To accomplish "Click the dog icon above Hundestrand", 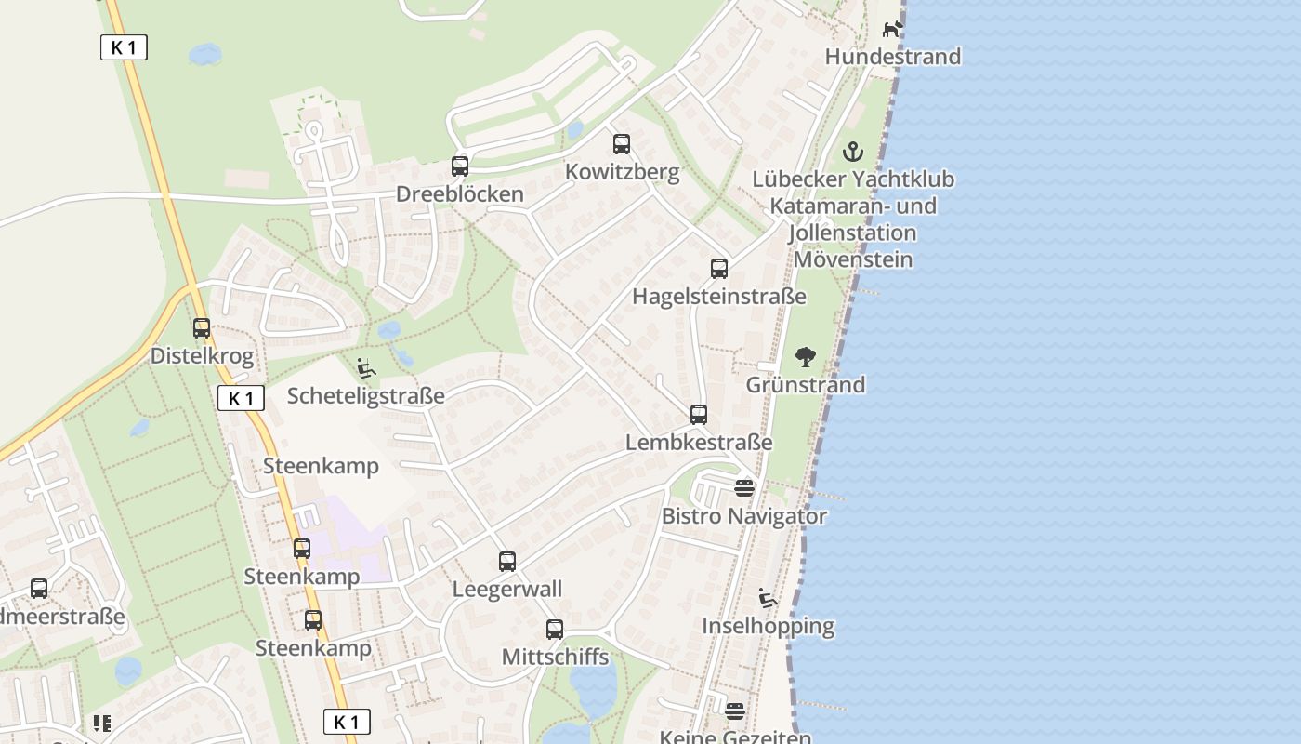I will point(892,29).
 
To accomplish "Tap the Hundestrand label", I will point(892,57).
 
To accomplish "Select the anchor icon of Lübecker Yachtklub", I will point(853,151).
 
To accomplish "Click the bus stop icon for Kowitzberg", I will point(622,144).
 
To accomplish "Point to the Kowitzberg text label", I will point(622,172).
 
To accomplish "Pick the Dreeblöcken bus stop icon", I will point(460,166).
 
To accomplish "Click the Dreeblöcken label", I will point(460,194).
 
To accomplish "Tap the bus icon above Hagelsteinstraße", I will point(719,269).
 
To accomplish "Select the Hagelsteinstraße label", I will point(719,297).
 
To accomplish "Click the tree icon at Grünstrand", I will point(806,357).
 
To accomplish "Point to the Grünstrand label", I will point(806,385).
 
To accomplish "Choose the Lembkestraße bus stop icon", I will point(699,415).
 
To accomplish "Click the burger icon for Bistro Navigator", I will point(744,488).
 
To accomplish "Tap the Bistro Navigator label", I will point(744,516).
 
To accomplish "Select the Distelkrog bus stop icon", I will point(202,328).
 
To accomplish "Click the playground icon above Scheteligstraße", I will point(366,368).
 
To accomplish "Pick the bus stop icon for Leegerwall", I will point(507,562).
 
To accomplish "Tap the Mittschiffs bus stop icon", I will point(555,630).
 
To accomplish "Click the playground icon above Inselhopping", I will point(768,598).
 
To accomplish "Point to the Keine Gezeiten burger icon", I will point(735,711).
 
